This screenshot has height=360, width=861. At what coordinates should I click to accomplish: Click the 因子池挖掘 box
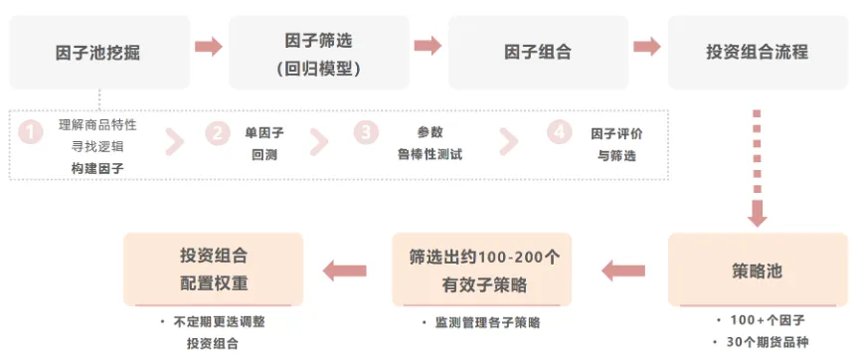97,53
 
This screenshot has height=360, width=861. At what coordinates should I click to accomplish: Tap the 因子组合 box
537,53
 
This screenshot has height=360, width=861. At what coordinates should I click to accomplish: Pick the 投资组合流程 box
757,53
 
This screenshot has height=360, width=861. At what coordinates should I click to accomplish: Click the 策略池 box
758,270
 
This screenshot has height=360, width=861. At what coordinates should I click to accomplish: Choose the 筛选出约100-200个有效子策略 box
482,270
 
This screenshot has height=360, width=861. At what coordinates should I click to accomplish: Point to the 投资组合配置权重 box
213,270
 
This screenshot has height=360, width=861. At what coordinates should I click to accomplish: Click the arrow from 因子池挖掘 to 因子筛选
208,46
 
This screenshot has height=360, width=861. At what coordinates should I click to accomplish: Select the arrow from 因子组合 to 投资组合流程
647,46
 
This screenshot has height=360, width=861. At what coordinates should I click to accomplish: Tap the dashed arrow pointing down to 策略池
758,169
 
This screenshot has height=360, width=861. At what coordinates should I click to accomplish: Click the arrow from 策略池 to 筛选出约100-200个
623,270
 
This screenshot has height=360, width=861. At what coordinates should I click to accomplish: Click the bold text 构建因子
97,168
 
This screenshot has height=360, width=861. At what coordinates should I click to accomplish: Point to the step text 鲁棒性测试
430,153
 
